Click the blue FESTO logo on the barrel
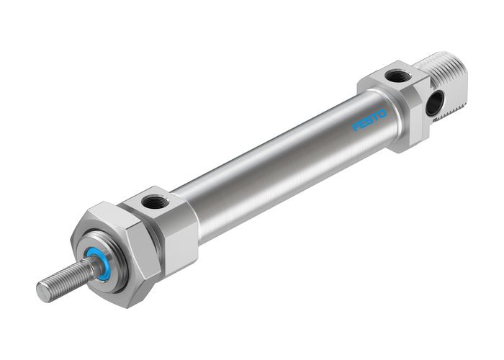point(369,120)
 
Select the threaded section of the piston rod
point(65,281)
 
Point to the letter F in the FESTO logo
point(355,127)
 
